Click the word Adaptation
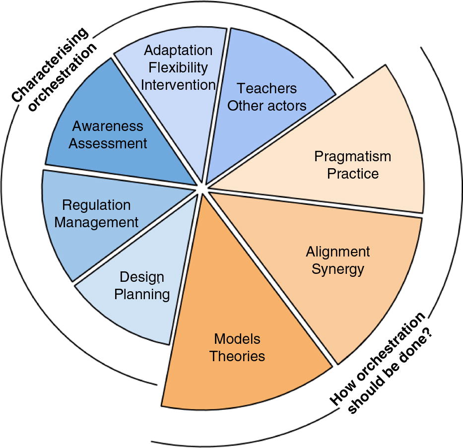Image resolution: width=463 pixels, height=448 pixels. click(178, 50)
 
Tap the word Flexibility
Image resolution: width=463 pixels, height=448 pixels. click(178, 67)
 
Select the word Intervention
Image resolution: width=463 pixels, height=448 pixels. click(178, 84)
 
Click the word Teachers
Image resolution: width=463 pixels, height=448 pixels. click(266, 88)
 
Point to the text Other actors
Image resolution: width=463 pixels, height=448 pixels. click(266, 105)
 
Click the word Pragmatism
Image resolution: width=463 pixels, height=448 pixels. click(352, 156)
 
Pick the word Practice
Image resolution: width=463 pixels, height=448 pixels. click(352, 174)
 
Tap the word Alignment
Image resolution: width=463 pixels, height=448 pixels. click(337, 252)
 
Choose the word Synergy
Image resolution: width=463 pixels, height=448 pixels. click(337, 269)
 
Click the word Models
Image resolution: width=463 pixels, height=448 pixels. click(237, 339)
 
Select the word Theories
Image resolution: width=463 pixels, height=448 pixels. click(237, 356)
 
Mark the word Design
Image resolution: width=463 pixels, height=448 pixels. click(142, 277)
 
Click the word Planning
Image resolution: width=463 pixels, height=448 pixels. click(142, 294)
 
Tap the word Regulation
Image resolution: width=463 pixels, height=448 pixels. click(96, 204)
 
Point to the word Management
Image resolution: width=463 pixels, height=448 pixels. click(96, 222)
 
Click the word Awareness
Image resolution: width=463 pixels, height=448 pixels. click(108, 126)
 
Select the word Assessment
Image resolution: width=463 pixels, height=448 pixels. click(108, 143)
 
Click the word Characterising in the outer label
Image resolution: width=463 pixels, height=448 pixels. click(50, 65)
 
